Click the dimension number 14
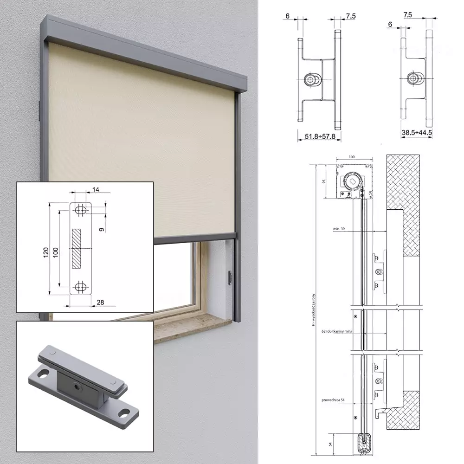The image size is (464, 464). click(96, 189)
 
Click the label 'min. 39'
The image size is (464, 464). click(340, 229)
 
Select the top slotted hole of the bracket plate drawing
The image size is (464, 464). click(81, 210)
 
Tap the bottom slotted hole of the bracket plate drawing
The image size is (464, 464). click(81, 286)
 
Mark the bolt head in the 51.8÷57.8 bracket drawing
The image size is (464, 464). click(310, 80)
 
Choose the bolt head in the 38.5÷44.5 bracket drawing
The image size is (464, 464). click(412, 78)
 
